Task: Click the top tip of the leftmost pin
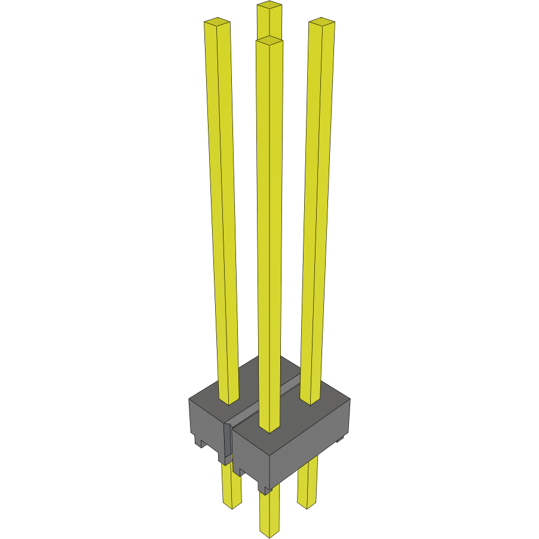(217, 23)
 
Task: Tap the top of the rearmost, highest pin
(269, 6)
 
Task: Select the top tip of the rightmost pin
(321, 23)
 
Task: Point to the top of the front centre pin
(269, 41)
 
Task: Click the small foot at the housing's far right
(340, 440)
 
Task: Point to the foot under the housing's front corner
(265, 490)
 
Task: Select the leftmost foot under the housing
(199, 443)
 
